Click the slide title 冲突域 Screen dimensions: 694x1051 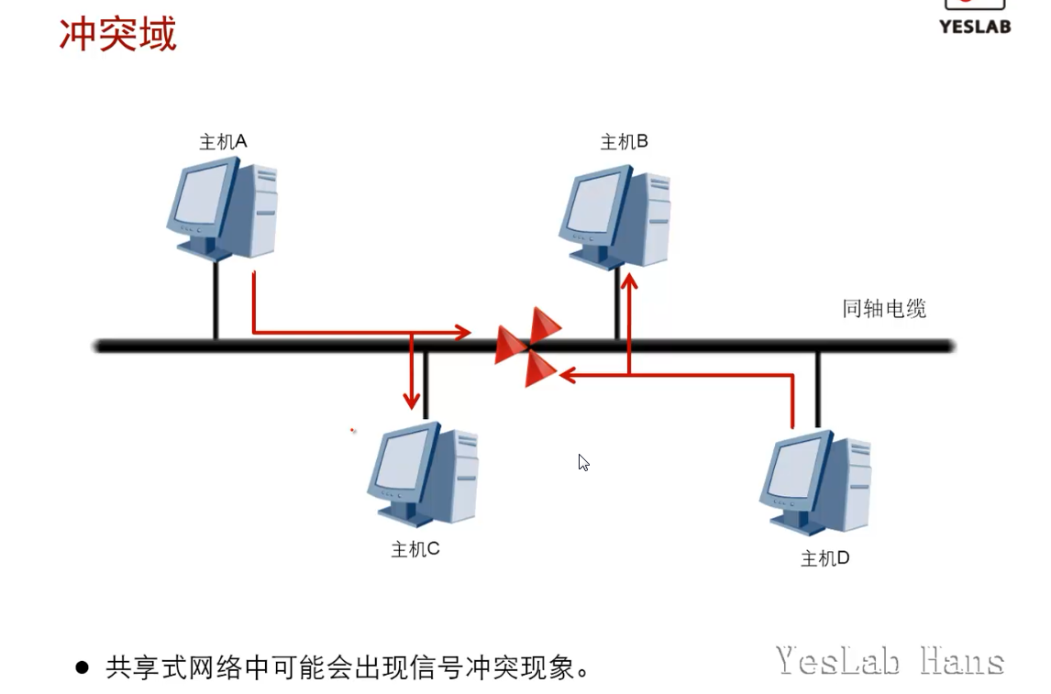[117, 35]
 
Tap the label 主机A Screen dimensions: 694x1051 [223, 141]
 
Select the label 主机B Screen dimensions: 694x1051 [624, 141]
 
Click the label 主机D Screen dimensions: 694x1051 [824, 557]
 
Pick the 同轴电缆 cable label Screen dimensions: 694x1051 [884, 309]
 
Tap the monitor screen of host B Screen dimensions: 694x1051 [593, 204]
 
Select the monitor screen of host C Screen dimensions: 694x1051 [401, 460]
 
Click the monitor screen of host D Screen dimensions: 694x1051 [793, 469]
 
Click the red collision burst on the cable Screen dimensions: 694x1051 [528, 347]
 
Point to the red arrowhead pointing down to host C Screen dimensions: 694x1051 [412, 400]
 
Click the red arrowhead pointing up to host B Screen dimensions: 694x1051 [629, 281]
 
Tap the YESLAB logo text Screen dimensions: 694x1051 [974, 27]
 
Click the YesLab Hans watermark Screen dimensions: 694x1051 [890, 661]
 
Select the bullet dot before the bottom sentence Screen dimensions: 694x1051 [83, 667]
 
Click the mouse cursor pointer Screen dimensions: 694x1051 [583, 462]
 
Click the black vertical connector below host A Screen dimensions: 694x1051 [216, 300]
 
